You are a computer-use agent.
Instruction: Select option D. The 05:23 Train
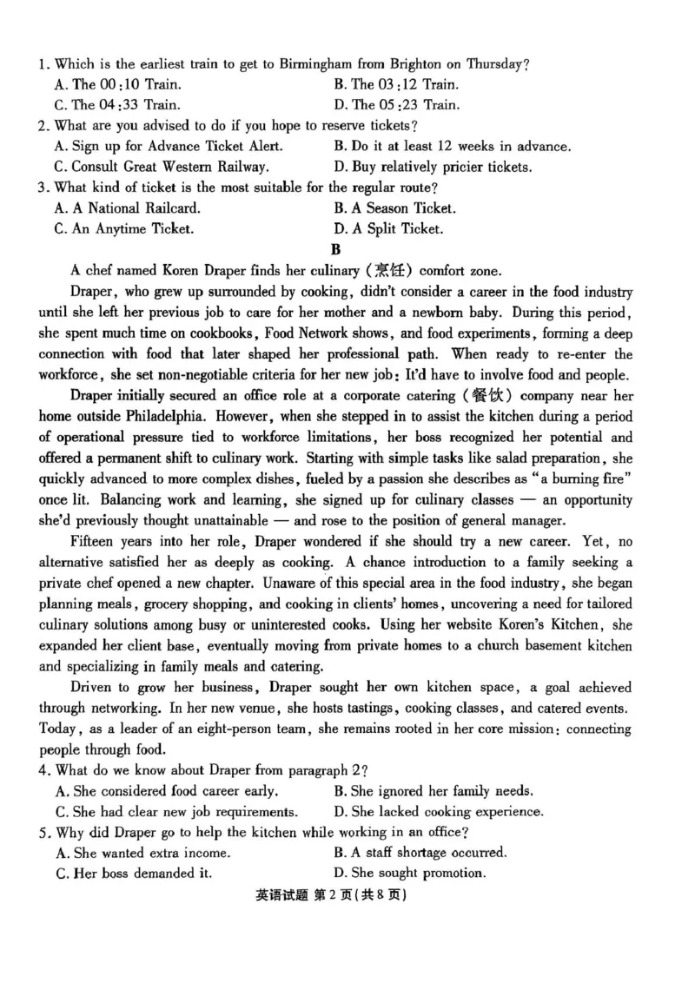pos(396,105)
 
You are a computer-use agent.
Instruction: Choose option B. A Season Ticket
pos(394,208)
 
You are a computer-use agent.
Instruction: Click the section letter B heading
pos(347,250)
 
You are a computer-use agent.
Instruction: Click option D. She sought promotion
pos(409,874)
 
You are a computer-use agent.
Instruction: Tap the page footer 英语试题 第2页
pos(347,894)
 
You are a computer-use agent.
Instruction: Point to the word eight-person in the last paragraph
pos(278,729)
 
